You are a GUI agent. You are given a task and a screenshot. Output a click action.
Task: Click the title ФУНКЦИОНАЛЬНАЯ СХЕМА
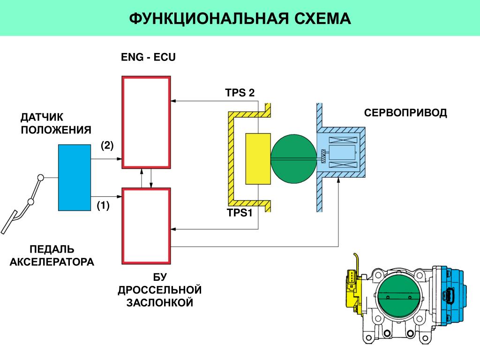[240, 18]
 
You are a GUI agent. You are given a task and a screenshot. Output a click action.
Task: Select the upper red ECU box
[146, 122]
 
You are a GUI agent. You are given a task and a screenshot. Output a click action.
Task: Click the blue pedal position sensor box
[74, 177]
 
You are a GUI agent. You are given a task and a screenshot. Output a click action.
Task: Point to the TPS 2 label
[240, 93]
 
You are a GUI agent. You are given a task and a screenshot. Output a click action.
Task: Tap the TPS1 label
[240, 214]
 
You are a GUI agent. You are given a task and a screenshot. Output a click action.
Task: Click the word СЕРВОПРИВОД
[405, 113]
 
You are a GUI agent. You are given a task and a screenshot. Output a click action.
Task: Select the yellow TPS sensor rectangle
[258, 158]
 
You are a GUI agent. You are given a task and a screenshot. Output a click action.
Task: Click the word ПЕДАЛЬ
[52, 249]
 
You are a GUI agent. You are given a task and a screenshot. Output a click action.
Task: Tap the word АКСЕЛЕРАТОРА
[52, 262]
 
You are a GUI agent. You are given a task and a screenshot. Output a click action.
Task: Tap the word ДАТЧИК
[41, 116]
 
